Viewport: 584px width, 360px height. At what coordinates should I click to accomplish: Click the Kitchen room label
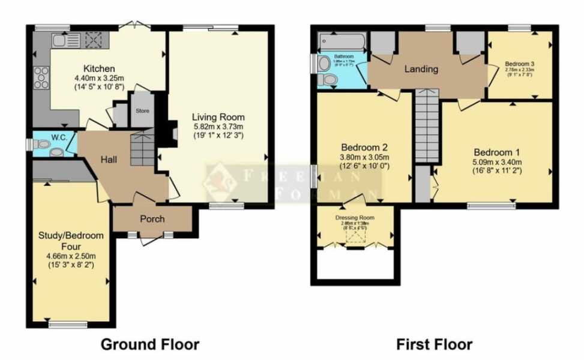point(99,68)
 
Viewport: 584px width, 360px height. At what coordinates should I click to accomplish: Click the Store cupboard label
point(142,111)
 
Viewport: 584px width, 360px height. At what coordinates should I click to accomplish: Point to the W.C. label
point(59,137)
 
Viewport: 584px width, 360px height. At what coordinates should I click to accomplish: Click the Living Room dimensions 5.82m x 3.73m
point(218,127)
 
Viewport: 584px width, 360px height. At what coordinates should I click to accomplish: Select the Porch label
point(152,218)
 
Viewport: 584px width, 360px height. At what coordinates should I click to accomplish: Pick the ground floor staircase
point(142,150)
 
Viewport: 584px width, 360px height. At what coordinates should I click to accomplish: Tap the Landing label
point(421,69)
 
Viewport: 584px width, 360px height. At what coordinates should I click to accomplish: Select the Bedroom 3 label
point(519,64)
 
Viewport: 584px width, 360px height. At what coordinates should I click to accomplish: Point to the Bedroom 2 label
point(363,148)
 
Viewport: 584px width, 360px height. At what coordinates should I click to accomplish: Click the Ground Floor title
point(149,344)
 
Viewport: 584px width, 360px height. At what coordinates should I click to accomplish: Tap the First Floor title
point(434,344)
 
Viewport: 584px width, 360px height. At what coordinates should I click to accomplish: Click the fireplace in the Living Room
point(172,131)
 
